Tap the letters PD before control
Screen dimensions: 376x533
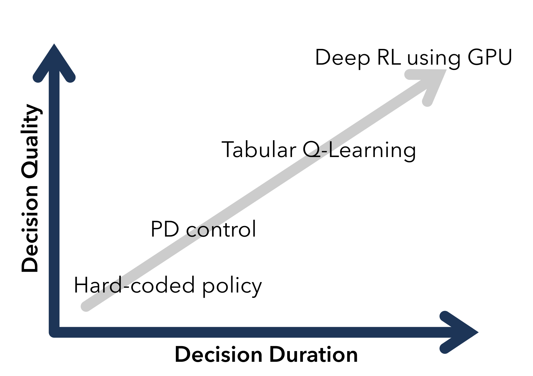tap(165, 229)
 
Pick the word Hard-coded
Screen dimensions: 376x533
tap(134, 285)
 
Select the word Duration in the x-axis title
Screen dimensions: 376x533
tap(314, 354)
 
